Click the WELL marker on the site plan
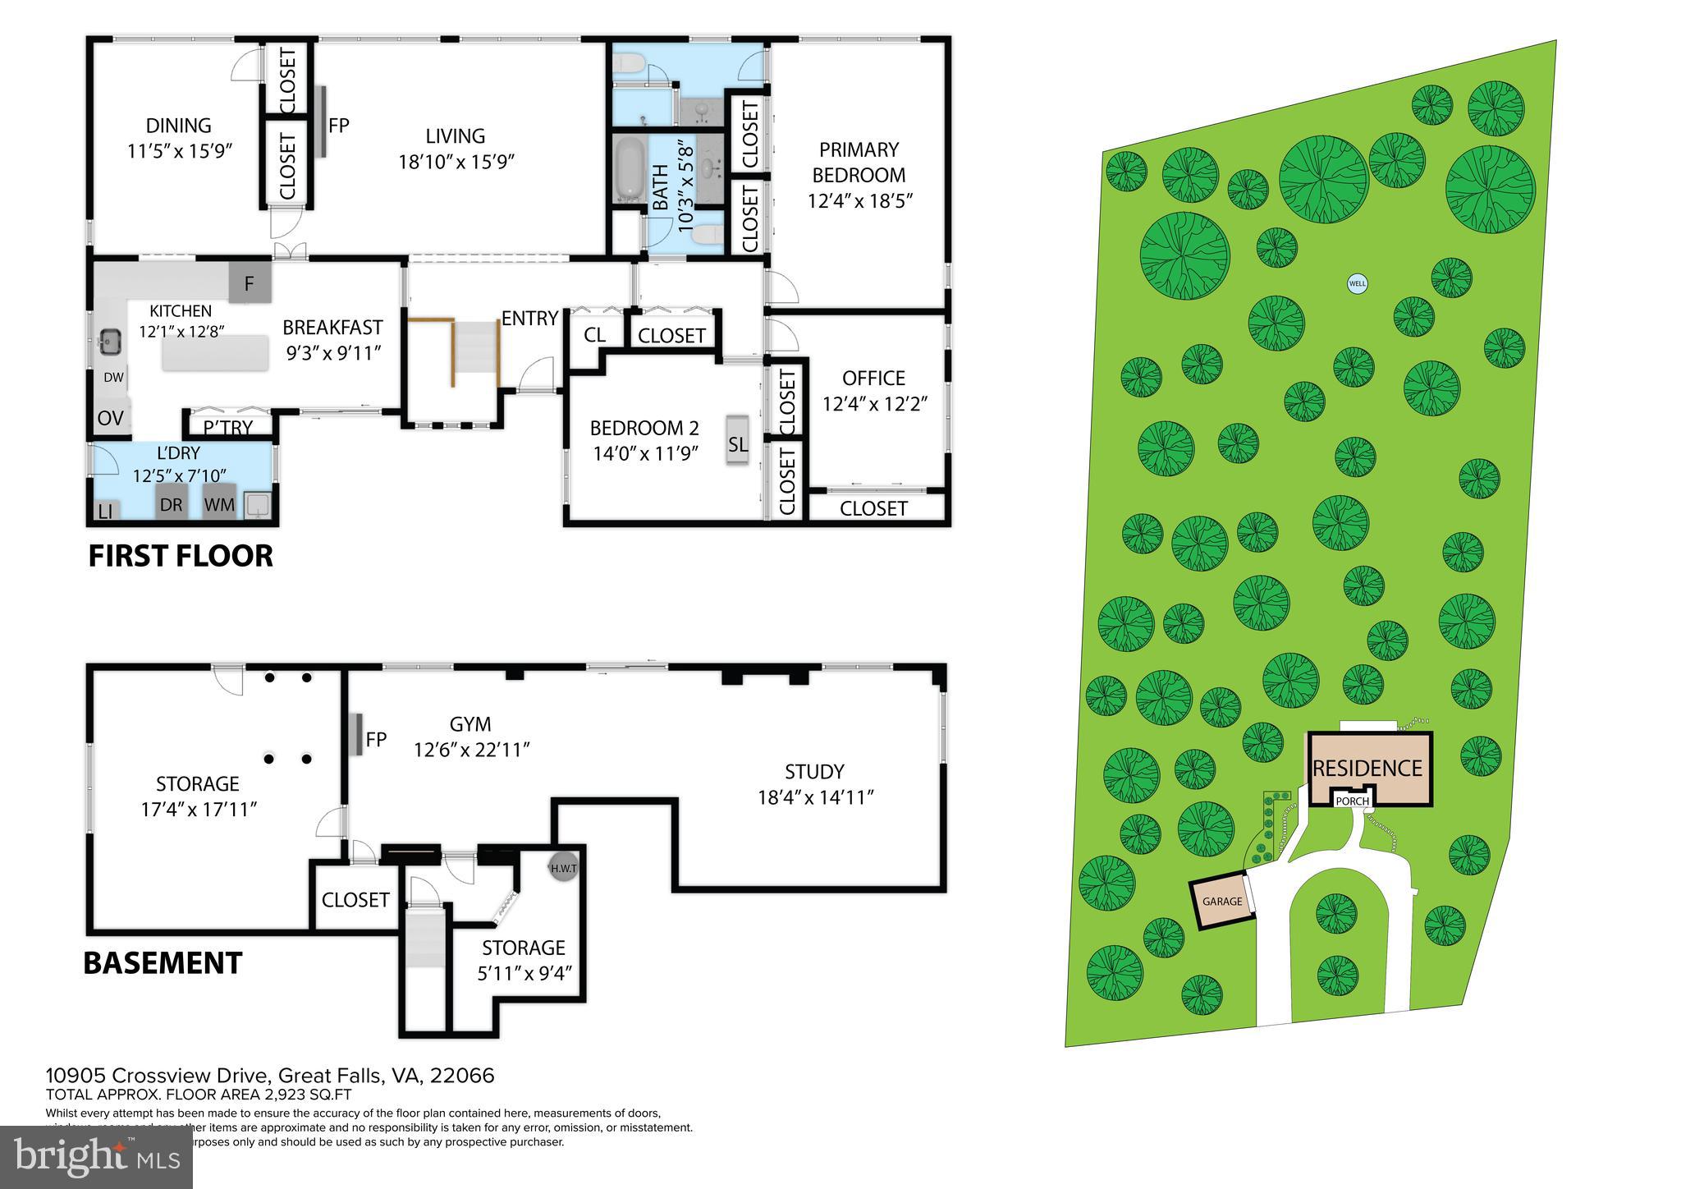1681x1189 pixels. tap(1358, 284)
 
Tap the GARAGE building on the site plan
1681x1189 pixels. tap(1222, 902)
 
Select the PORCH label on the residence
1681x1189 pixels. tap(1352, 801)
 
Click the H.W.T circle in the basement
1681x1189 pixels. tap(564, 869)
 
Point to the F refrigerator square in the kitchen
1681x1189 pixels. tap(250, 284)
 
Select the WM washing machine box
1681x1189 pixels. tap(219, 504)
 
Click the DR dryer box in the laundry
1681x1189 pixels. tap(171, 504)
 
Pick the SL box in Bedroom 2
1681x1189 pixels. tap(738, 443)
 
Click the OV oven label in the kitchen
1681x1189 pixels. tap(110, 418)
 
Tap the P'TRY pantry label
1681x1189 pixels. tap(227, 427)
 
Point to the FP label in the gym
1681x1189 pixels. tap(376, 739)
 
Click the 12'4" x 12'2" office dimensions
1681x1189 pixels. tap(874, 404)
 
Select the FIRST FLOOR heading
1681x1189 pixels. tap(181, 556)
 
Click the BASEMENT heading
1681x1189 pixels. tap(163, 962)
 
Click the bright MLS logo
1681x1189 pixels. tap(96, 1157)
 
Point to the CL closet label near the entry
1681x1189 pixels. tap(594, 335)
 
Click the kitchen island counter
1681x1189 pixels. tap(216, 354)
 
